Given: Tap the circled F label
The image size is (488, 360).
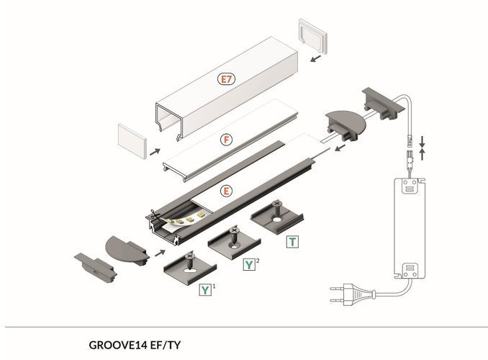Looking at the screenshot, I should [x=227, y=137].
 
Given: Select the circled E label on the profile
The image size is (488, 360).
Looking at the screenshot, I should [x=227, y=191].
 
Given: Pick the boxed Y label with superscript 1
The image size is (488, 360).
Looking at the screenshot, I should [x=206, y=291].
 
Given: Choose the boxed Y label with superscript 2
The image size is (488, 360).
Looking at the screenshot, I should [x=249, y=265].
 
